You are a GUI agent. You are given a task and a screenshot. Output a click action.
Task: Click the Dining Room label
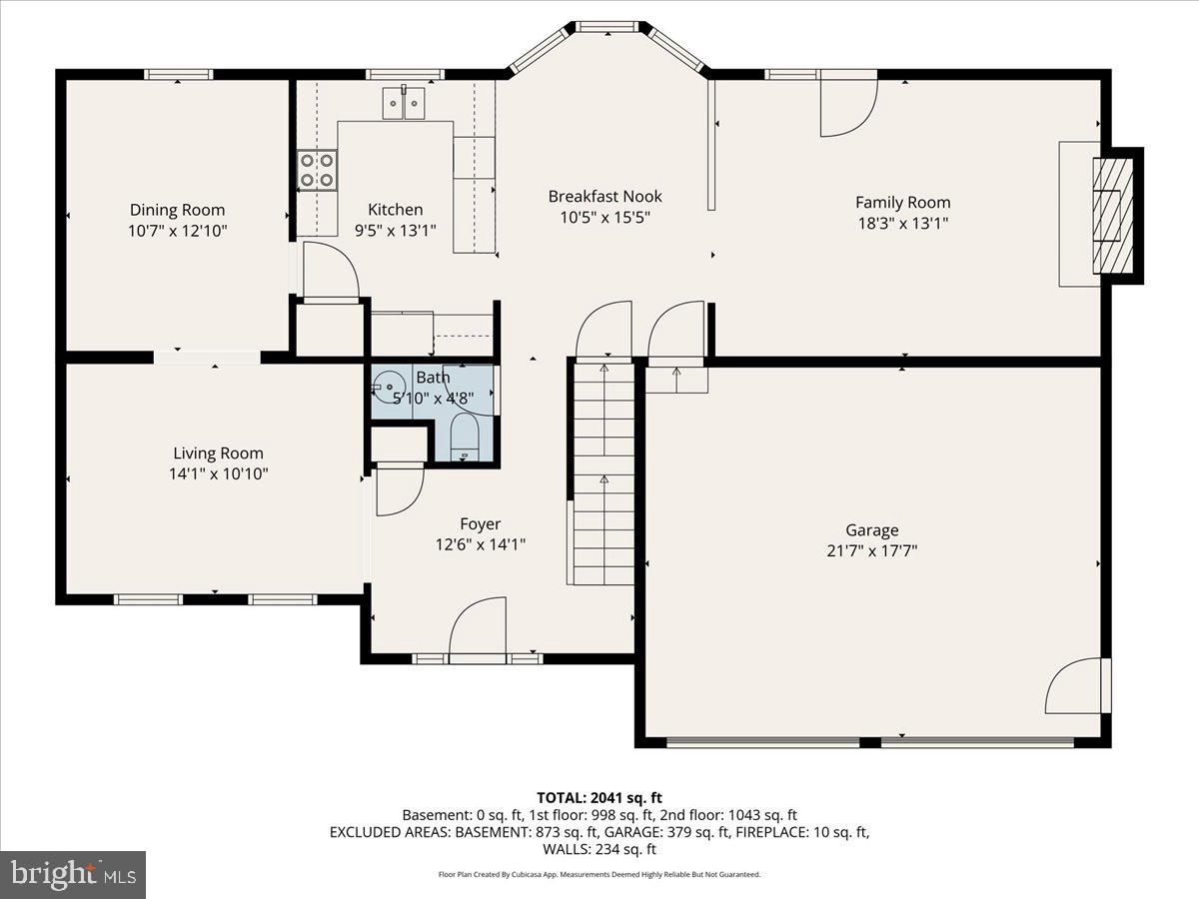click(177, 210)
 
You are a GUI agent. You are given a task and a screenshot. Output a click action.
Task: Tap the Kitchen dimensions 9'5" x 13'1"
click(395, 231)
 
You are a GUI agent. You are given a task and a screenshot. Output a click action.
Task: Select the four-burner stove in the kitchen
click(317, 170)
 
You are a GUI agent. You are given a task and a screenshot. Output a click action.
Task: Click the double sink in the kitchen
click(404, 103)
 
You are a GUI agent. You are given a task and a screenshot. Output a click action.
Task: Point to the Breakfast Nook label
click(604, 197)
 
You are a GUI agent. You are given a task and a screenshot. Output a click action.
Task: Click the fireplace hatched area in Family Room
click(1113, 216)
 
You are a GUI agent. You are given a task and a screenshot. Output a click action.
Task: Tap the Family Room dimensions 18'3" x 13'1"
click(902, 224)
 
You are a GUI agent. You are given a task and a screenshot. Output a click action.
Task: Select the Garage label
click(871, 530)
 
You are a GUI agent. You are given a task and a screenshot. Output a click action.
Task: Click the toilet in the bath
click(465, 440)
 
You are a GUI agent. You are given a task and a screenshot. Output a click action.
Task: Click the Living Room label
click(218, 453)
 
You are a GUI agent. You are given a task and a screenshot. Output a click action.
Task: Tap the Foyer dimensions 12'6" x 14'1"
click(480, 544)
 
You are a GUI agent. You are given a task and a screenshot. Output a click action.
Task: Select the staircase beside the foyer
click(602, 469)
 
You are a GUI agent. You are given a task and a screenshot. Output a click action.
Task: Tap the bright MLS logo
click(73, 875)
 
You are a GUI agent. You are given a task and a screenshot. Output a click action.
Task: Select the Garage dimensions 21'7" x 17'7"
click(871, 550)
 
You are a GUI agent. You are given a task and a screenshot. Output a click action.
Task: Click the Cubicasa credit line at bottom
click(599, 874)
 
